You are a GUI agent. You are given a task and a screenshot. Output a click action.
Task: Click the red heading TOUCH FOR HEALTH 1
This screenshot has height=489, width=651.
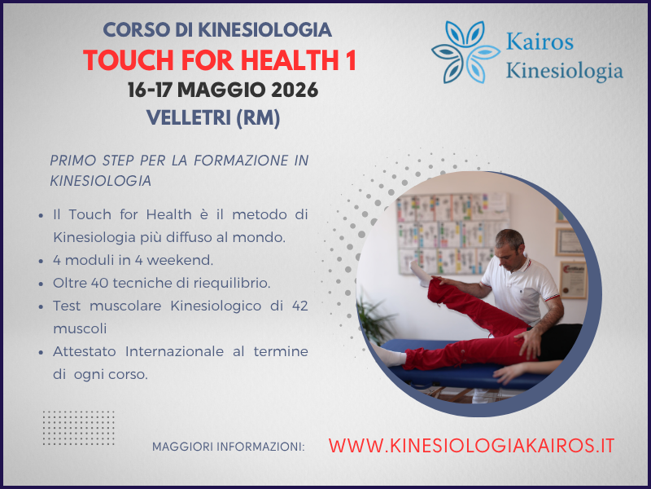[220, 60]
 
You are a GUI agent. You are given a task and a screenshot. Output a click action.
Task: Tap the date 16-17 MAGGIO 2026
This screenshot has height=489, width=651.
[223, 90]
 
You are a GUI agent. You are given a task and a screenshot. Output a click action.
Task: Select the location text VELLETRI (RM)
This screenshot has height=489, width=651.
[213, 118]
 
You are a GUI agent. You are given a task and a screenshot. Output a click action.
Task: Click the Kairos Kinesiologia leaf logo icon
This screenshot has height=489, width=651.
[461, 52]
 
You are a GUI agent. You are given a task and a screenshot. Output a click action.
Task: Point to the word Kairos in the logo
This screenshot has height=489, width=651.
[540, 42]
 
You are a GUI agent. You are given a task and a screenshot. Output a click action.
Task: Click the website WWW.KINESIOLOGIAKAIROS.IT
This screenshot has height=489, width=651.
[471, 446]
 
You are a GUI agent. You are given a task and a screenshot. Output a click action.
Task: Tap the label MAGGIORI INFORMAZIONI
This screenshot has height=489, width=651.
[228, 447]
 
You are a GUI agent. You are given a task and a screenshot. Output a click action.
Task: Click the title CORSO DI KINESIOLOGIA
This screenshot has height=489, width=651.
[217, 30]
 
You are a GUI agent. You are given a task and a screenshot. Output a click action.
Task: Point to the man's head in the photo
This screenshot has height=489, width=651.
[511, 246]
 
